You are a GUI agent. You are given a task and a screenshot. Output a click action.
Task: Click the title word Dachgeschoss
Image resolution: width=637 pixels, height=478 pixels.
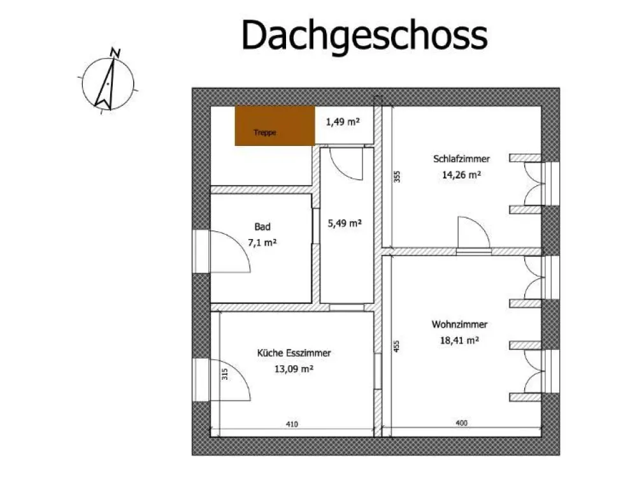coord(364,36)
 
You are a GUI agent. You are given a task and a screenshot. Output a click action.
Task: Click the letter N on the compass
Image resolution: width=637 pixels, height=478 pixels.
coord(115,53)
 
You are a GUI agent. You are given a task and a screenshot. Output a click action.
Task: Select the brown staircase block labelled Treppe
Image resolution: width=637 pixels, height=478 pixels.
coord(275,126)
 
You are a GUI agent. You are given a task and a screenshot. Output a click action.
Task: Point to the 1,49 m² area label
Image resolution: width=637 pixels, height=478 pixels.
coord(343,122)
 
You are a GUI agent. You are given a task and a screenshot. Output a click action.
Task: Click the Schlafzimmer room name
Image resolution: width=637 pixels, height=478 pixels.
coord(461,159)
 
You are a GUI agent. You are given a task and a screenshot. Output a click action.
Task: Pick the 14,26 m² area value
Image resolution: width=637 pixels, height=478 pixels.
coord(461,175)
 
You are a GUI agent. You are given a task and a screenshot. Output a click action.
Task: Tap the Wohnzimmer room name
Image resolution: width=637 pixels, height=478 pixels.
coord(459,324)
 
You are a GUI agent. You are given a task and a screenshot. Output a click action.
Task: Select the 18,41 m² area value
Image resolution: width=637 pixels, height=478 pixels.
coord(459,340)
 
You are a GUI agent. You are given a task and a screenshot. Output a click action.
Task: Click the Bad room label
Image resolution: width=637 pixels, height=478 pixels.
coord(262,226)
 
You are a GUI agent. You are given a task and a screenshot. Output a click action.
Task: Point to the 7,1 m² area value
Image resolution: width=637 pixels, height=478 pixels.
coord(262,243)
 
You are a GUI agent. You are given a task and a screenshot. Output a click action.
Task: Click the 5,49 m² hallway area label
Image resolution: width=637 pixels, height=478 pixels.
coord(345,223)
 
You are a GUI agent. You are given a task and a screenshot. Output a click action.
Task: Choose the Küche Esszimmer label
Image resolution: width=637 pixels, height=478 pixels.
coord(294,353)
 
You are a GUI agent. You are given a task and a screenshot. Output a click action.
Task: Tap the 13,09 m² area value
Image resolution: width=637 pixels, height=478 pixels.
coord(294,369)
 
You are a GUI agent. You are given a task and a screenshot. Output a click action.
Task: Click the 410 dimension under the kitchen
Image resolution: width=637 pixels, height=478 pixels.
coord(292,424)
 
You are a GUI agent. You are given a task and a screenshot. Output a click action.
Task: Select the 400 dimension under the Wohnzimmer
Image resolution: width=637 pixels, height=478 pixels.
coord(461,423)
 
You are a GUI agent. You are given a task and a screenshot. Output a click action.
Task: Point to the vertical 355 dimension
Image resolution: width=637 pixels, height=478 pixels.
coord(397,177)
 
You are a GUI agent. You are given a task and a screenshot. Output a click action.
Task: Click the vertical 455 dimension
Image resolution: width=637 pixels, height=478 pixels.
coord(396,346)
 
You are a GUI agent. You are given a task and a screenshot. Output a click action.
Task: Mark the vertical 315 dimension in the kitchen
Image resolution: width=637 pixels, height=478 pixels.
coord(225,374)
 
